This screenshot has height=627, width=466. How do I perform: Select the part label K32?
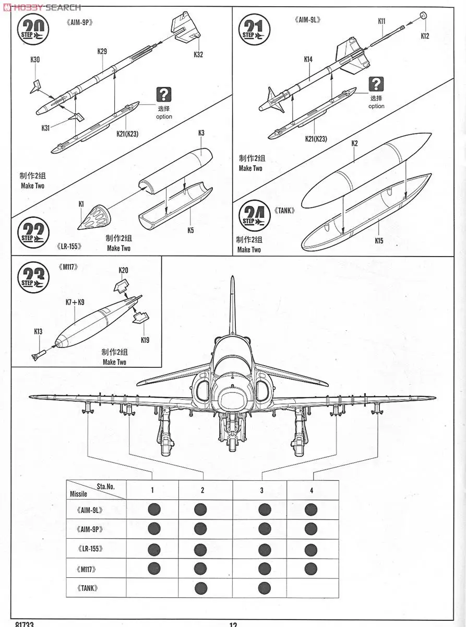(x=198, y=54)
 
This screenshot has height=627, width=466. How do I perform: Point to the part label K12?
(x=425, y=36)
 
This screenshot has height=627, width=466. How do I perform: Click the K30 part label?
(x=35, y=60)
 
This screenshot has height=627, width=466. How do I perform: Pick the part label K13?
(x=38, y=331)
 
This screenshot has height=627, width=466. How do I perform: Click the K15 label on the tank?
(x=378, y=241)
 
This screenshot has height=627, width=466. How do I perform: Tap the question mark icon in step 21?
(x=376, y=84)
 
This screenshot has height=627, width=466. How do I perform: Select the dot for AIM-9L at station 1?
(x=153, y=509)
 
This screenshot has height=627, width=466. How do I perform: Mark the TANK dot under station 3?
(x=264, y=588)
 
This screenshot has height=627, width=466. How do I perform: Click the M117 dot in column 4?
(x=311, y=568)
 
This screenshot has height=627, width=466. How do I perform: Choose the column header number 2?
(x=202, y=490)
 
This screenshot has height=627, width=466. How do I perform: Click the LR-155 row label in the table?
(x=90, y=549)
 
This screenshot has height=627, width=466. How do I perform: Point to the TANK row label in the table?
(x=87, y=588)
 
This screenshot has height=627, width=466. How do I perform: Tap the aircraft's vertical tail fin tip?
(x=233, y=278)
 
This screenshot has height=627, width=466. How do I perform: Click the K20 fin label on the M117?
(x=123, y=270)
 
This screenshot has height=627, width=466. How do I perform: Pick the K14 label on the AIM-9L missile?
(x=308, y=60)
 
